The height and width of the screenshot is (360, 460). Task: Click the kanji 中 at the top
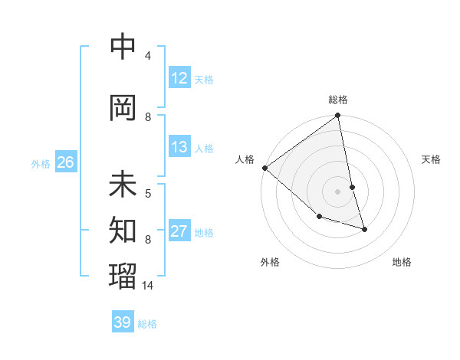pos(123,47)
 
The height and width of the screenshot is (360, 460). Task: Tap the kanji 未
pos(123,185)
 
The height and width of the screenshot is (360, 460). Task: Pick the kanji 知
pos(123,227)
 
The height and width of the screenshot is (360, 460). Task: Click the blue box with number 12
pos(179,78)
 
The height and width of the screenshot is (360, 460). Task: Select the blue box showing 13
pos(179,147)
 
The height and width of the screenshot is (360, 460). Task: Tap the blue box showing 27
pos(179,231)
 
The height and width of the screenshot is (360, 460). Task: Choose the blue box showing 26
pos(65,162)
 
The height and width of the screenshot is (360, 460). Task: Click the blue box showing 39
pos(123,322)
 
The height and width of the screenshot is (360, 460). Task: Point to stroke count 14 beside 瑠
pos(149,286)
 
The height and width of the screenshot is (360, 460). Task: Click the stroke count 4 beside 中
pos(148,56)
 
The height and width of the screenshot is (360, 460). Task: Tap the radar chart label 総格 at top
pos(338,100)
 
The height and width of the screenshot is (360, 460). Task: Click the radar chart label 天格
pos(431,159)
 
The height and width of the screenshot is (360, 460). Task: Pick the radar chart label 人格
pos(245,159)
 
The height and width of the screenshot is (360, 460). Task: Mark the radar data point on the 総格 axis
pos(338,116)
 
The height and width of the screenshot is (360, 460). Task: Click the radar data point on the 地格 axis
pos(364,228)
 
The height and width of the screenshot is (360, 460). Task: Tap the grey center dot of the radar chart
pos(338,191)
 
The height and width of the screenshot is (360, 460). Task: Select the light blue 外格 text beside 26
pos(40,163)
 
